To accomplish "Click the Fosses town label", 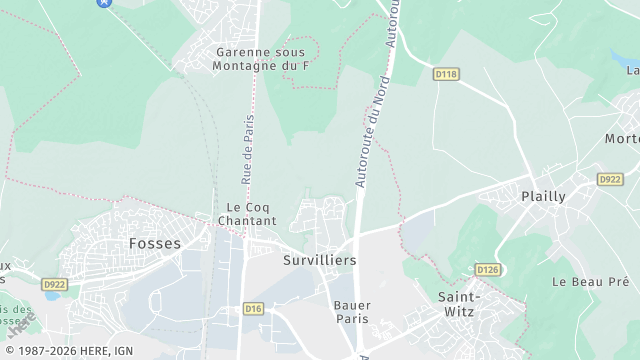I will [155, 243].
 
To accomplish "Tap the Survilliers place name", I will [319, 259].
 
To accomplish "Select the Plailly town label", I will [544, 196].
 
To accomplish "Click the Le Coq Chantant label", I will [245, 215].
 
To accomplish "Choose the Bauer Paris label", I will [351, 311].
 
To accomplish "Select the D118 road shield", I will [445, 74].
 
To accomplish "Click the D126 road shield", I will [487, 270].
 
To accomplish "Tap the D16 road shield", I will [253, 309].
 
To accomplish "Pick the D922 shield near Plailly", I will [609, 179].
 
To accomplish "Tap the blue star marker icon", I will [104, 3].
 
